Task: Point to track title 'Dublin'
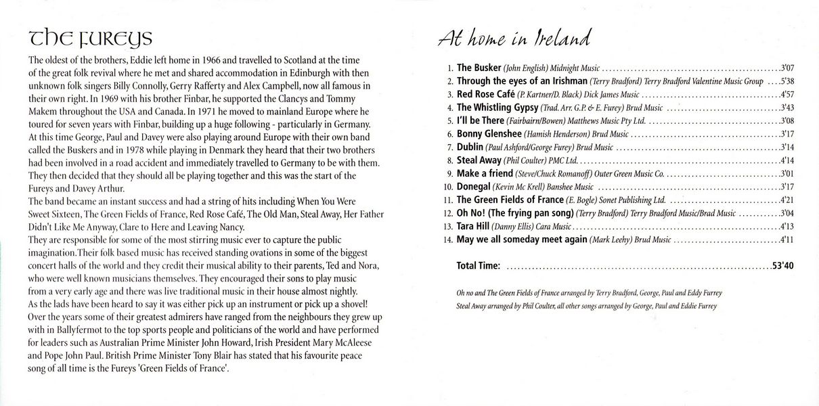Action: [x=470, y=147]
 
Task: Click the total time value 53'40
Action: [x=782, y=266]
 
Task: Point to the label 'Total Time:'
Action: [x=479, y=266]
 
